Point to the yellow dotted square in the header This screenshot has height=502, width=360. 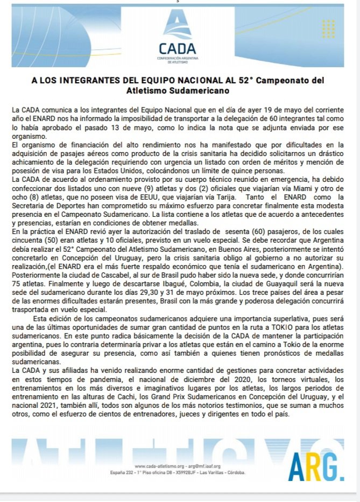(330, 29)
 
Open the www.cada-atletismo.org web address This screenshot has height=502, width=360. (157, 466)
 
